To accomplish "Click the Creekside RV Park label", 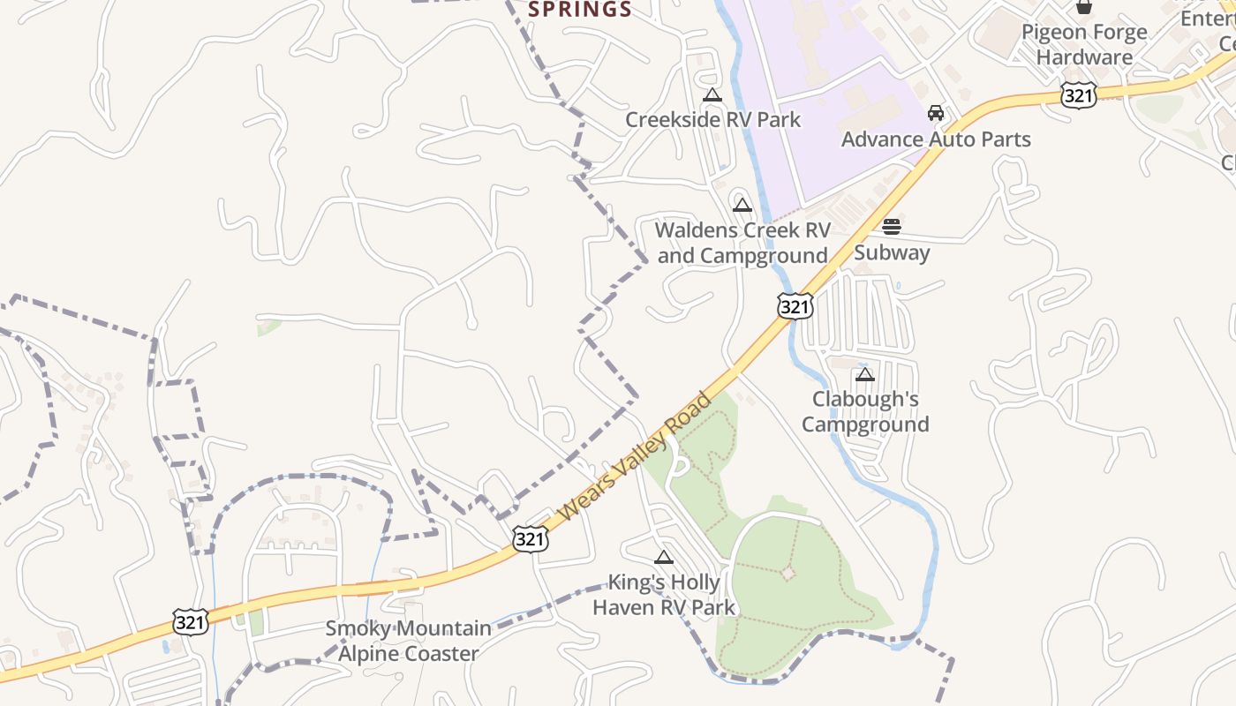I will point(712,119).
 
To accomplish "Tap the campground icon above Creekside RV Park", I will point(712,95).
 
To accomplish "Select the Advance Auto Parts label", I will point(936,139).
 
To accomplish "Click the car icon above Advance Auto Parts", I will point(936,113).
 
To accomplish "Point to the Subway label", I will point(892,252).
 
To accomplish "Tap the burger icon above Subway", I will point(892,227).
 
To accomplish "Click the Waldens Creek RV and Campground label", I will point(742,243).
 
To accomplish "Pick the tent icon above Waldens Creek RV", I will point(742,206).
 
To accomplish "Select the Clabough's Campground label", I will point(865,411).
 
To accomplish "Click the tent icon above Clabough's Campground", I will point(865,374).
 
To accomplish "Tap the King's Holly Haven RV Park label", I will point(664,595).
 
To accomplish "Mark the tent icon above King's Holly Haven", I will point(664,557).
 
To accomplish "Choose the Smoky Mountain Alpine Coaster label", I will point(409,641).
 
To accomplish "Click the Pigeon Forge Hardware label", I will point(1084,44).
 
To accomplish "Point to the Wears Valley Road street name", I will point(635,456).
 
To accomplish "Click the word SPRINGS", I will point(580,10).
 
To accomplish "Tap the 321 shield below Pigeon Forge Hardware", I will point(1079,95).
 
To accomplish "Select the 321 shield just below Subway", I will point(795,306).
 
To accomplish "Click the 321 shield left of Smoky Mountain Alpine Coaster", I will point(191,621).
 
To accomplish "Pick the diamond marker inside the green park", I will point(788,574).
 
